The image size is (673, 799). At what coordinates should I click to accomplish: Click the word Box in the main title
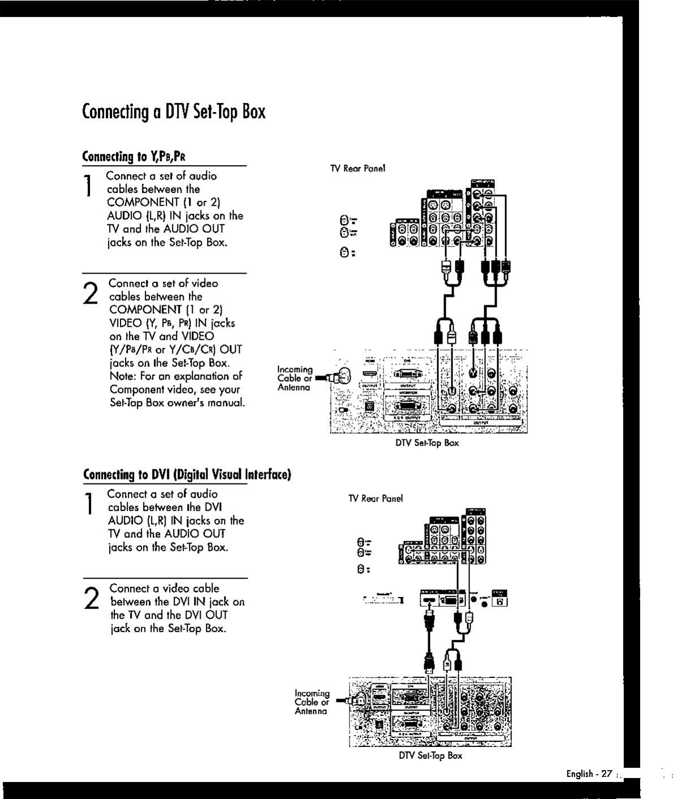254,112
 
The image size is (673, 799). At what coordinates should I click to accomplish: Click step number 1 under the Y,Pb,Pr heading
89,187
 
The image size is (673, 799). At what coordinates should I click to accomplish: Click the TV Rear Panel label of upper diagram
358,169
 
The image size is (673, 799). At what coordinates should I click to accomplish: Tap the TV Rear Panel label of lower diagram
376,499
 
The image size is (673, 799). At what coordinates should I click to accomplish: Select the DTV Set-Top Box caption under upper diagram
427,443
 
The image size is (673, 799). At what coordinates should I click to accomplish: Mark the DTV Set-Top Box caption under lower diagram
430,755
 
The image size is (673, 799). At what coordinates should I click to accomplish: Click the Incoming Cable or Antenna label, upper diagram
294,378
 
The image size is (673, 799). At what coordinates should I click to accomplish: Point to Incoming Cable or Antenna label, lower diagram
312,702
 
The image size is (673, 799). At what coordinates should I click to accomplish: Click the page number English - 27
589,774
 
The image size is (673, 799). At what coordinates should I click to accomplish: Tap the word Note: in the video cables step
123,377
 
